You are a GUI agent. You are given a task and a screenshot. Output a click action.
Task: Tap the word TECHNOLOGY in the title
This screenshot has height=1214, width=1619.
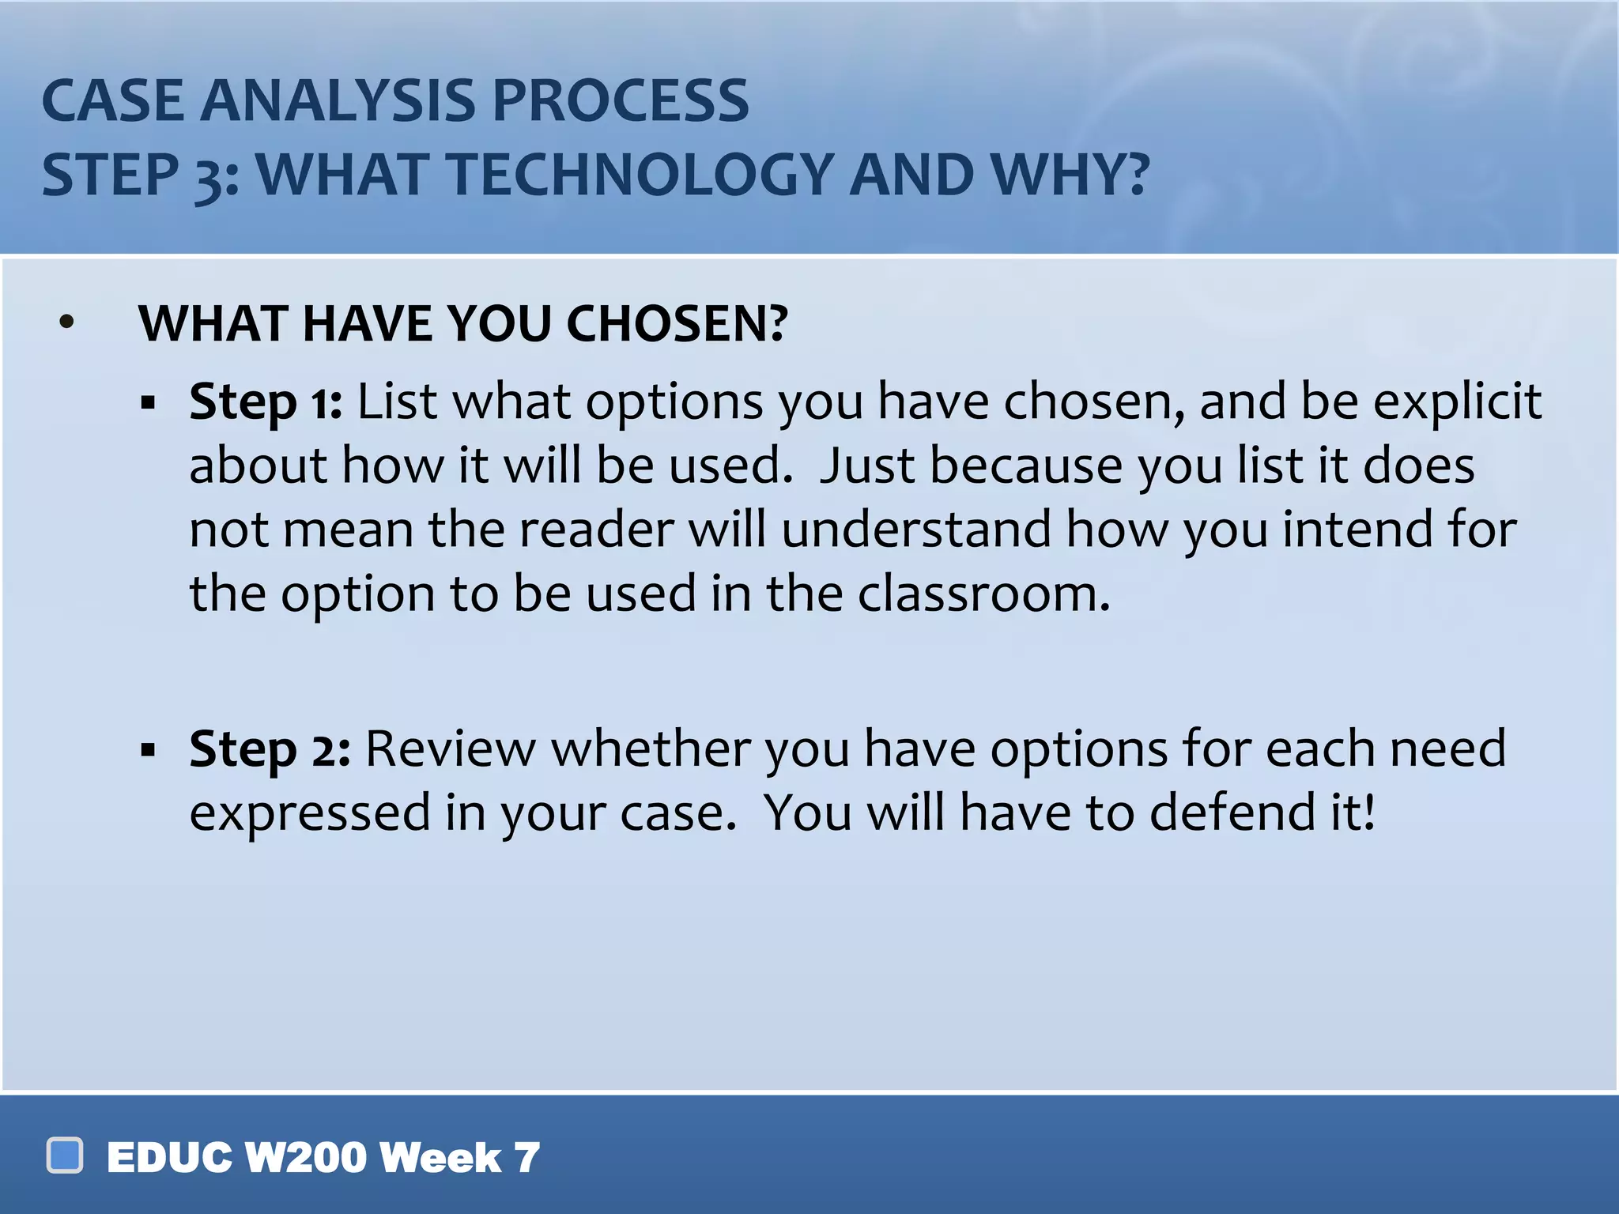[x=640, y=175]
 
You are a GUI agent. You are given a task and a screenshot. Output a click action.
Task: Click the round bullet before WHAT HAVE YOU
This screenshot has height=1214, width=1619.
[x=67, y=322]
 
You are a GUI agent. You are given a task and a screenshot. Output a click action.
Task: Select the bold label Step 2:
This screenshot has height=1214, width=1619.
[x=270, y=749]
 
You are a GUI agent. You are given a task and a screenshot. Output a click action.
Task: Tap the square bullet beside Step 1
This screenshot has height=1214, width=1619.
[x=148, y=404]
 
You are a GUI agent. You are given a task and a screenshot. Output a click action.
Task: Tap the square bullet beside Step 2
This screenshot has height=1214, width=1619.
[x=148, y=749]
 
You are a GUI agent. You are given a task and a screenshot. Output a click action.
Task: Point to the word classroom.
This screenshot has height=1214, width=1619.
[x=983, y=594]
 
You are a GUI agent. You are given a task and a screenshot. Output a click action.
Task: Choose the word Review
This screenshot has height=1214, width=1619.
[x=451, y=748]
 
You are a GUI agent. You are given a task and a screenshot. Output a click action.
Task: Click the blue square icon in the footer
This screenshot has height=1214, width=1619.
[x=65, y=1156]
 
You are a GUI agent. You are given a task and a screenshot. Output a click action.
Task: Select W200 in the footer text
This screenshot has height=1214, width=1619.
[x=305, y=1158]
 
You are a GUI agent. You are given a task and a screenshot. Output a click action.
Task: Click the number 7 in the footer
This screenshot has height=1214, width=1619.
[x=526, y=1158]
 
